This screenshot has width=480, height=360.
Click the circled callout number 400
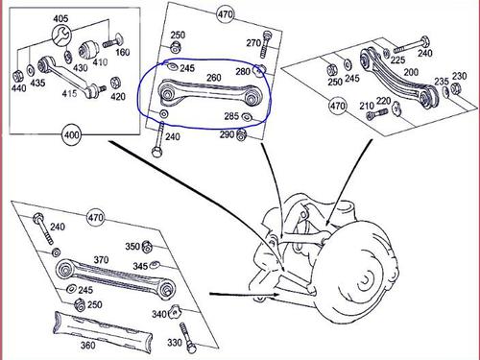(71, 134)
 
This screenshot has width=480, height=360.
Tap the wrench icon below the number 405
(61, 36)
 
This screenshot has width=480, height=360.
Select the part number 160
(123, 53)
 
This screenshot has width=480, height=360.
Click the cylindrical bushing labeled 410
(87, 50)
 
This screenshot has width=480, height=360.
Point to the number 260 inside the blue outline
(214, 78)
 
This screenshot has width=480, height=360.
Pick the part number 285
(231, 116)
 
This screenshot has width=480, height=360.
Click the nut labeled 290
(241, 135)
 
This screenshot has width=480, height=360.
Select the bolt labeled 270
(265, 44)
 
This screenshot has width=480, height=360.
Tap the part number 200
(411, 72)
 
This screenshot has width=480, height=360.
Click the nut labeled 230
(455, 88)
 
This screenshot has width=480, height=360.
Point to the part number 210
(367, 106)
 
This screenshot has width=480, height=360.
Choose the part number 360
(87, 345)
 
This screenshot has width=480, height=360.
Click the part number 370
(101, 259)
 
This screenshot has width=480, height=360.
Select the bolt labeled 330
(186, 338)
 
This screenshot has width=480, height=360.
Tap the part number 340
(159, 314)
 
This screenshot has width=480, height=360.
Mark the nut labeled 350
(147, 247)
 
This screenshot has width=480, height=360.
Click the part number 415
(69, 93)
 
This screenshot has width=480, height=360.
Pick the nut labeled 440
(17, 77)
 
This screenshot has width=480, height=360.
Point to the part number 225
(397, 60)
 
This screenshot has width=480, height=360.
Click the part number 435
(37, 83)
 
